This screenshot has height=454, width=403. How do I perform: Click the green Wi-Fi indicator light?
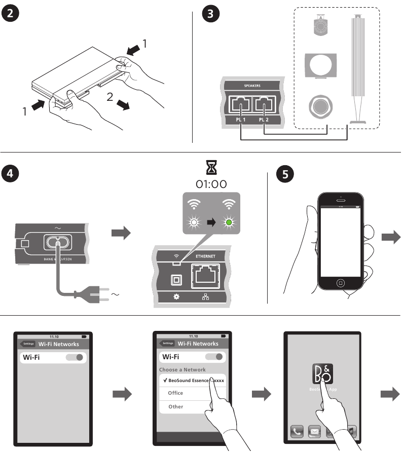click(230, 222)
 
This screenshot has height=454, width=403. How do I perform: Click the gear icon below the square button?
click(177, 295)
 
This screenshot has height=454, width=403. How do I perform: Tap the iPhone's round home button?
click(341, 282)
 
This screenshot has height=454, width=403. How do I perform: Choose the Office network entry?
click(176, 393)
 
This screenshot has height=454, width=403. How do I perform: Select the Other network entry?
click(176, 406)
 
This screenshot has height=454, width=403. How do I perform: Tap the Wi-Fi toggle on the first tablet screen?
click(75, 357)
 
